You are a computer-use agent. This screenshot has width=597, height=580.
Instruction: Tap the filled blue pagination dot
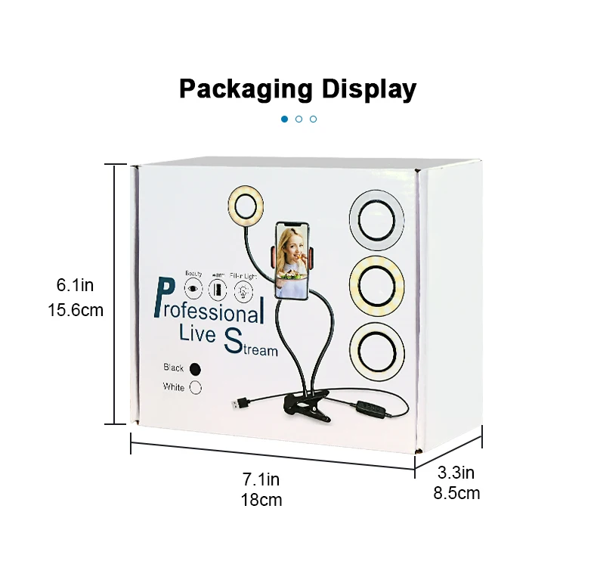285,119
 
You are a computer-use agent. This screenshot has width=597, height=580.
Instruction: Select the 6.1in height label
75,285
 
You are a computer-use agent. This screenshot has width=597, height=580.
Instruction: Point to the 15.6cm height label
75,309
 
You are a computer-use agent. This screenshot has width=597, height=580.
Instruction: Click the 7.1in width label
261,479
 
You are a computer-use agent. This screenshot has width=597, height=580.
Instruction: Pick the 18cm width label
261,499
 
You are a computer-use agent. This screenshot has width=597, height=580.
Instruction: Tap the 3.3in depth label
456,473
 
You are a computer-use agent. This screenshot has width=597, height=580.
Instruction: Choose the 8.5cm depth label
456,494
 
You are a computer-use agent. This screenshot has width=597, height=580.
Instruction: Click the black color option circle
196,369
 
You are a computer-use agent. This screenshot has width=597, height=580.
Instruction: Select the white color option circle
196,387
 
